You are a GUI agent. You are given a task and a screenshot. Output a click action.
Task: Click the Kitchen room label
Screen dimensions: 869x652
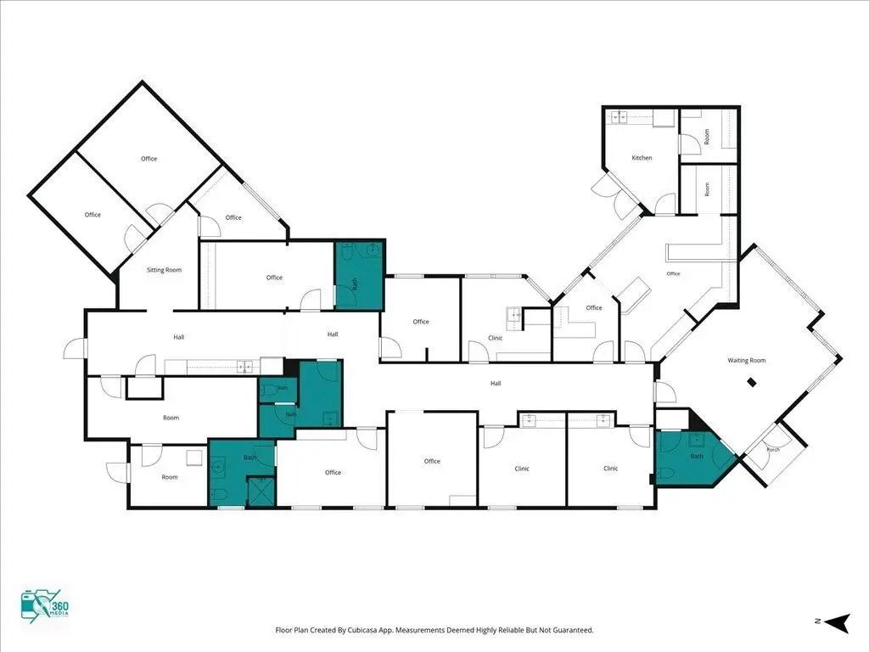642,158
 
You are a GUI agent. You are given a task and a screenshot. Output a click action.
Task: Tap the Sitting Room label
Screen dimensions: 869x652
164,270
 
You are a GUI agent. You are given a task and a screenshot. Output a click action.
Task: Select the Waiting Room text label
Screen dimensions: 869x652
747,360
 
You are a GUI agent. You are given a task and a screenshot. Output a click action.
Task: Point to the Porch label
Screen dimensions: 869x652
773,450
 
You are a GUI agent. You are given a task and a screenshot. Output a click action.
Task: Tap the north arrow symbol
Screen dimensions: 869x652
837,622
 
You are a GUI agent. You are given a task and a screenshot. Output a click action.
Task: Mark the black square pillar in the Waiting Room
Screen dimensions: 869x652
752,381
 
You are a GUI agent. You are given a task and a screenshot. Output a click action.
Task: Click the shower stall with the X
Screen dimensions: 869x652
261,492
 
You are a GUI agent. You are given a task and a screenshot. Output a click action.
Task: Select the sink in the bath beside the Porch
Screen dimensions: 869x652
697,441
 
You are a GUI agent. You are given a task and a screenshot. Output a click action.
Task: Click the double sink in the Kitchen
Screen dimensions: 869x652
619,117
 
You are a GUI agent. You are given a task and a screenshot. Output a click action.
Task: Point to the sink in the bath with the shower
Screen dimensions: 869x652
216,467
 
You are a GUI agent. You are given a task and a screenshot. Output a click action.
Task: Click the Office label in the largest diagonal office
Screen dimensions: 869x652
149,159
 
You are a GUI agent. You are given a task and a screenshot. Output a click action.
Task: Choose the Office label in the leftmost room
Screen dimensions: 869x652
93,215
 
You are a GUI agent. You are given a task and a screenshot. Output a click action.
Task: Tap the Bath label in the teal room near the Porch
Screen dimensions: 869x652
697,456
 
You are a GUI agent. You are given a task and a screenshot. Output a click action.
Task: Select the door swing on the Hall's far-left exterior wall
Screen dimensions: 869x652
74,349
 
